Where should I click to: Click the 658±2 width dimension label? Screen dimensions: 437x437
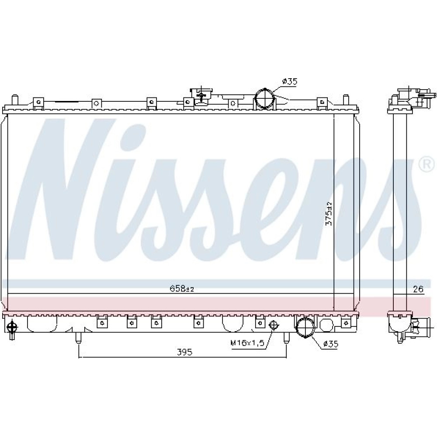point(182,289)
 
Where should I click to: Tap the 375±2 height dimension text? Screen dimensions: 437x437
point(329,214)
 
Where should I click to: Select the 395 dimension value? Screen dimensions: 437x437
point(185,352)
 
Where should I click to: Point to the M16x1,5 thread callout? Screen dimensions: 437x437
point(247,343)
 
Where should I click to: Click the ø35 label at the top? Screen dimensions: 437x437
point(290,81)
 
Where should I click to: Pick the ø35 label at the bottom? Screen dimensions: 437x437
point(330,344)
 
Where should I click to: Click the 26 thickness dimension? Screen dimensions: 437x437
point(418,289)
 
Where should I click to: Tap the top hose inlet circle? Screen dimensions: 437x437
point(265,98)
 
